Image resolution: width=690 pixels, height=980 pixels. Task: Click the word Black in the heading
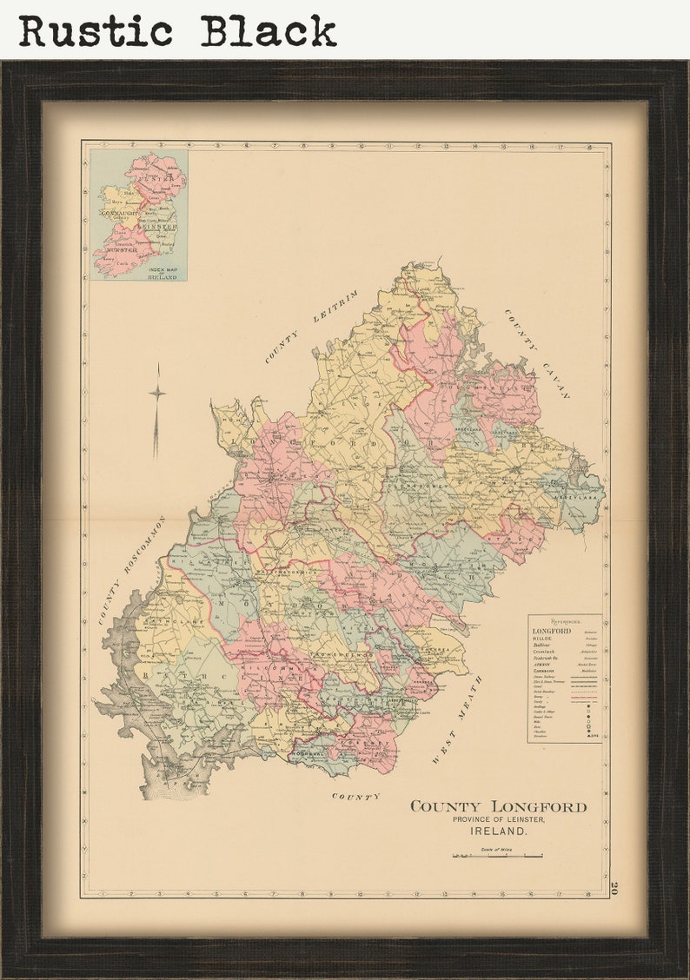coord(269,31)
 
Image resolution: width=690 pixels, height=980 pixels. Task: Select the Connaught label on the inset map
coord(119,212)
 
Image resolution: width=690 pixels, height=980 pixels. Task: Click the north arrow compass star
coord(156,393)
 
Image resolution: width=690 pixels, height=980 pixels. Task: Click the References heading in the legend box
coord(564,622)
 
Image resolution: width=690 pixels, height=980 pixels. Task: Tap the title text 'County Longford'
coord(498,806)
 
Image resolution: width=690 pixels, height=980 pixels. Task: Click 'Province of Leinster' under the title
coord(498,820)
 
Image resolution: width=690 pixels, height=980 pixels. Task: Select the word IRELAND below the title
coord(498,831)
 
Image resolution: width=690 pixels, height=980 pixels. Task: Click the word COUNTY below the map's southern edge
coord(355,796)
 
